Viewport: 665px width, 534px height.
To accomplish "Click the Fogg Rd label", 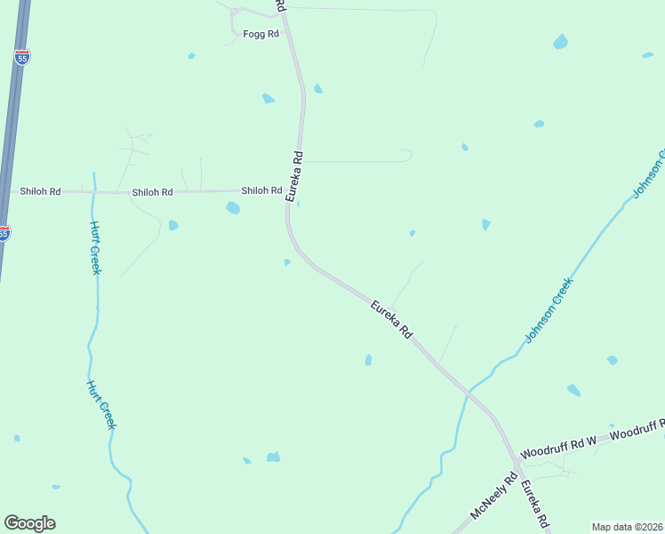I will (x=261, y=34).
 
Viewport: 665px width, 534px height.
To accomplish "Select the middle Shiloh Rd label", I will (x=152, y=192).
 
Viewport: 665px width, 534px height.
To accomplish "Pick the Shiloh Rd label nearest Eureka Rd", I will (x=261, y=190).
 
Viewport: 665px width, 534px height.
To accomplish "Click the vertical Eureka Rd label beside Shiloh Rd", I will (x=295, y=175).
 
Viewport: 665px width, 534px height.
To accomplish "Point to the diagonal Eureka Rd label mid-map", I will (x=392, y=319).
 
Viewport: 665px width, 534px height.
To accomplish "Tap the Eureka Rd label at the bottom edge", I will (x=534, y=506).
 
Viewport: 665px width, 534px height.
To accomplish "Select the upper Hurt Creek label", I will (x=94, y=247).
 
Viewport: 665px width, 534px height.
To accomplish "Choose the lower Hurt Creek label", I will (x=101, y=405).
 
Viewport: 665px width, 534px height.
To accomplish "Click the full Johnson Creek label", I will (x=549, y=310).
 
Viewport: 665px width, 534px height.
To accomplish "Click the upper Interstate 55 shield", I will (x=22, y=57).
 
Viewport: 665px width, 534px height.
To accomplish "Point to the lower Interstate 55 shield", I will (x=4, y=233).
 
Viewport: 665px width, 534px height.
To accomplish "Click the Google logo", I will (x=29, y=523).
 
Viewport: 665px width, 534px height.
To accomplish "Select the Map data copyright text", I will (x=628, y=527).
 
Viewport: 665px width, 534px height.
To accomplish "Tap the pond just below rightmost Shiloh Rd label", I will (x=233, y=208).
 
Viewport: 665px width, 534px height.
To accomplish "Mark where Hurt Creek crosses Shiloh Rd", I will (x=93, y=191).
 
